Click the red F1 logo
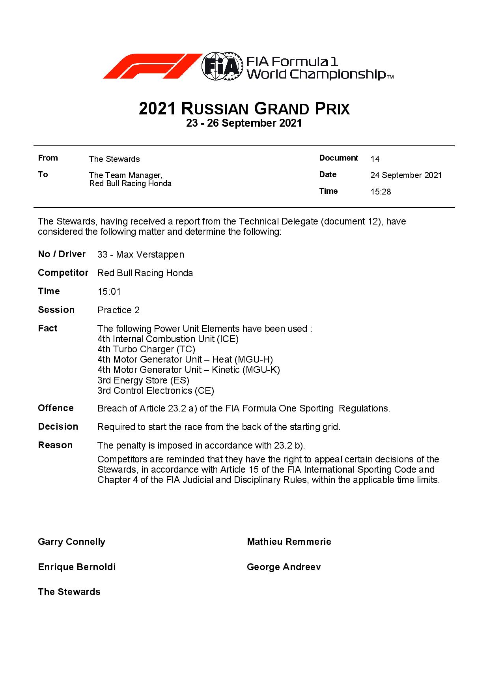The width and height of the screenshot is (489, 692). (152, 66)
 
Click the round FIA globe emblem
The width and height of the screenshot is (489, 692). (221, 66)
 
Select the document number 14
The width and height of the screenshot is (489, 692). (375, 159)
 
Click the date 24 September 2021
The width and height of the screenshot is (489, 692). (406, 175)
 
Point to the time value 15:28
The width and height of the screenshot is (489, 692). (381, 192)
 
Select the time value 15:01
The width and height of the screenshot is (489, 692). (109, 292)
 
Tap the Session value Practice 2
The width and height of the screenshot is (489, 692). (118, 310)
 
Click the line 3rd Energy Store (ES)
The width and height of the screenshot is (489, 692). (143, 380)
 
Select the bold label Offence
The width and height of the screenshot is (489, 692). (56, 408)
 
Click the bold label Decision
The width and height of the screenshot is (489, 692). (58, 426)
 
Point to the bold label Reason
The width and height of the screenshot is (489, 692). (55, 445)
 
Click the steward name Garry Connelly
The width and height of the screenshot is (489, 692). (71, 542)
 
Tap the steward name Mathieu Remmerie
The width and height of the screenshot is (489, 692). (289, 542)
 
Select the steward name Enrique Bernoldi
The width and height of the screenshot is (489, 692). (77, 567)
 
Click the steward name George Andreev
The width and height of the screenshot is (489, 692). (284, 567)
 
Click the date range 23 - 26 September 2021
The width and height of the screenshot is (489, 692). (244, 123)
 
